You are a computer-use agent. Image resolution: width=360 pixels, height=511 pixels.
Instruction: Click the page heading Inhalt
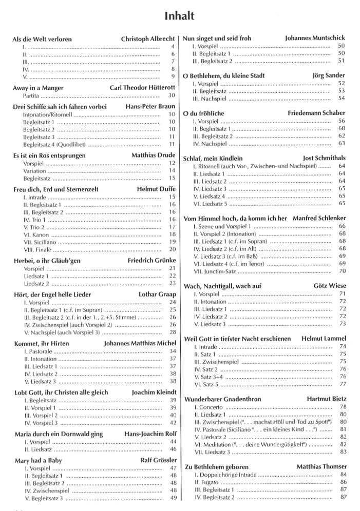[x=179, y=16]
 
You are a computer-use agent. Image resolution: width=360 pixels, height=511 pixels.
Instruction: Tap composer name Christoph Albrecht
[x=148, y=39]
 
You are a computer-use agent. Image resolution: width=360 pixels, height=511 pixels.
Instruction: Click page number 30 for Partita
[x=172, y=96]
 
